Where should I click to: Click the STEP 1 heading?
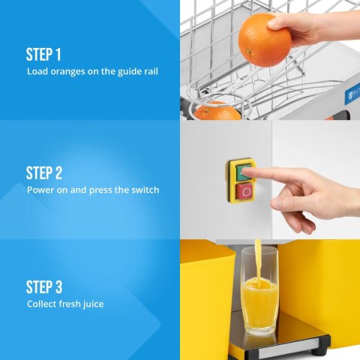[x=43, y=55]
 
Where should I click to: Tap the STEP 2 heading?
[x=44, y=173]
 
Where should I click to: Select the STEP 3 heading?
[x=44, y=287]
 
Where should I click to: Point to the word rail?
[x=151, y=71]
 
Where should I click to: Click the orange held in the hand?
[x=265, y=40]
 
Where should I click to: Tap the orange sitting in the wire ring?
[x=217, y=110]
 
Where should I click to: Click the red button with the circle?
[x=244, y=192]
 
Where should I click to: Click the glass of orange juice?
[x=259, y=292]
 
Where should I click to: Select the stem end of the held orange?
[x=249, y=52]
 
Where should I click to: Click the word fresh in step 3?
[x=70, y=304]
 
